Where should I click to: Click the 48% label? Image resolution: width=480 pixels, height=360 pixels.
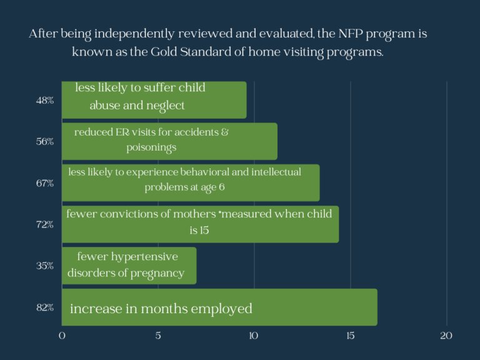pyautogui.click(x=45, y=101)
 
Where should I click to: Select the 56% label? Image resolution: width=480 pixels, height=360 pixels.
pyautogui.click(x=45, y=142)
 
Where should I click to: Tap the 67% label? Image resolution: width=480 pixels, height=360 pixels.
pyautogui.click(x=45, y=183)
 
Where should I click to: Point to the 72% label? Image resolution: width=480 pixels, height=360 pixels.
pyautogui.click(x=45, y=225)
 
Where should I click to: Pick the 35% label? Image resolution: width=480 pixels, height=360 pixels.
pyautogui.click(x=45, y=266)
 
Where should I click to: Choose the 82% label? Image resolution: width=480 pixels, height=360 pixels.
pyautogui.click(x=45, y=307)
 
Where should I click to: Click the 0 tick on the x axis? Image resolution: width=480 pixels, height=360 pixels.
pyautogui.click(x=62, y=336)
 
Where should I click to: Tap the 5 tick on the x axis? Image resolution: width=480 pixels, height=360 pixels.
pyautogui.click(x=158, y=336)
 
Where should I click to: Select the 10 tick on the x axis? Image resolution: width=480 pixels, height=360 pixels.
pyautogui.click(x=254, y=336)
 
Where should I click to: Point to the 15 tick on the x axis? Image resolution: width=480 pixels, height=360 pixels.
pyautogui.click(x=351, y=336)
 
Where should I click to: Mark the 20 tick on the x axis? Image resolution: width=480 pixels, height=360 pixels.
pyautogui.click(x=446, y=336)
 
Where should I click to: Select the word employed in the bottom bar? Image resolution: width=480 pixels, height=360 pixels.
pyautogui.click(x=221, y=309)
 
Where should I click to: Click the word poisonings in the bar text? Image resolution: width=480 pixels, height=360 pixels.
pyautogui.click(x=151, y=148)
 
